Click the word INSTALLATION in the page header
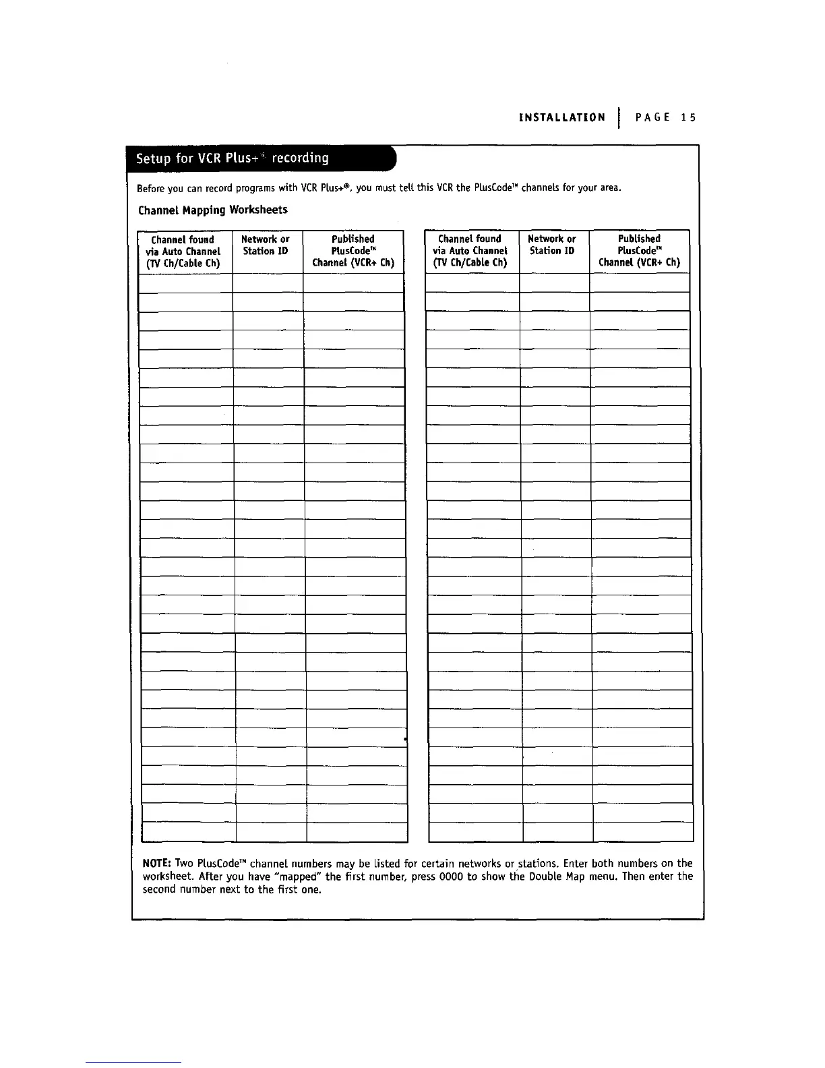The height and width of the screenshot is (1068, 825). coord(561,117)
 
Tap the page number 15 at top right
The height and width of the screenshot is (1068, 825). coord(687,117)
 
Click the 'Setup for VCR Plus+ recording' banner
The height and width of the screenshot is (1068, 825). coord(233,158)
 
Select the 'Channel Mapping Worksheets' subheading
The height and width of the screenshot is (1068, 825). coord(212,210)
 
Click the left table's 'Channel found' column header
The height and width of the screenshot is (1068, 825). coord(183,251)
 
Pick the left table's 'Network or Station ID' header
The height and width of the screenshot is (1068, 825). coord(266,245)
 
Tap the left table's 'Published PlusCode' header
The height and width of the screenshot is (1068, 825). coord(353,251)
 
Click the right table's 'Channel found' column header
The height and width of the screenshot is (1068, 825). coord(470,251)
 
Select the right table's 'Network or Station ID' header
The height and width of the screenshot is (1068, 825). coord(552,245)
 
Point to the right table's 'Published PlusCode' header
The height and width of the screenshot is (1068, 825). coord(639,250)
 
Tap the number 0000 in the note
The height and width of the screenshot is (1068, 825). coord(449,877)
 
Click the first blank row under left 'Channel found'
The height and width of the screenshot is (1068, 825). coord(185,283)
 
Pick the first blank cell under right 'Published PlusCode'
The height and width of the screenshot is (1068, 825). coord(640,283)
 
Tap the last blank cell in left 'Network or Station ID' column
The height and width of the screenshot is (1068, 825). coord(271,833)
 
